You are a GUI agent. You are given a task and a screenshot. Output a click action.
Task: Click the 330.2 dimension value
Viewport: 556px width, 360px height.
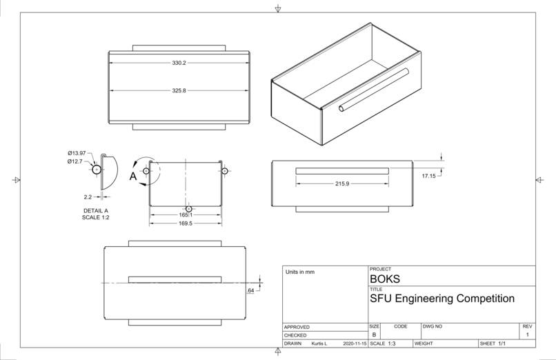point(179,63)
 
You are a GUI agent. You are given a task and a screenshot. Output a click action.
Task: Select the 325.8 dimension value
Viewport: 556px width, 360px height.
point(179,90)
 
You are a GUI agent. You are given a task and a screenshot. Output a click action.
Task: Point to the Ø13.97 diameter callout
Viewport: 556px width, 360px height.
point(77,153)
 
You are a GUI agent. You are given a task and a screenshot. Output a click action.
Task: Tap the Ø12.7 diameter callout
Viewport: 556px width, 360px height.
point(75,161)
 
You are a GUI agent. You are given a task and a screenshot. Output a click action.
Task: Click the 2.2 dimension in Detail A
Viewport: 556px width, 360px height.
point(88,197)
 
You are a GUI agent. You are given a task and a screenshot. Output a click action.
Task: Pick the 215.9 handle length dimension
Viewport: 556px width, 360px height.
point(341,183)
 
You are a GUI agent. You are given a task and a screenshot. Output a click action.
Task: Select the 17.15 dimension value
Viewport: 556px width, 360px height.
point(428,176)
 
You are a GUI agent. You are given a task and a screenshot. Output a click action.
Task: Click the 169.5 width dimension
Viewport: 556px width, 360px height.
point(186,223)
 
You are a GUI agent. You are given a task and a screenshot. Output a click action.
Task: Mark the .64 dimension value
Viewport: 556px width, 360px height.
point(250,290)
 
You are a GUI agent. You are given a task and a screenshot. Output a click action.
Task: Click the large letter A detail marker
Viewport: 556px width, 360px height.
point(133,177)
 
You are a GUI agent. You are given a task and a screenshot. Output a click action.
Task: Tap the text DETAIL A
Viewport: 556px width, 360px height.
point(96,210)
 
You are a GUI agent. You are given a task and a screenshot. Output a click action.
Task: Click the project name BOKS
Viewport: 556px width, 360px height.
point(385,279)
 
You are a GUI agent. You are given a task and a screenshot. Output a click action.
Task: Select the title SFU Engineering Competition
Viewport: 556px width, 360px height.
point(442,299)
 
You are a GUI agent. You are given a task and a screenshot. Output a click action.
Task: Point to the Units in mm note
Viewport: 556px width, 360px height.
point(299,272)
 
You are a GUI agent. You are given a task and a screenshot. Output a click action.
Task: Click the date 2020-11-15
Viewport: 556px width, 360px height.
point(354,343)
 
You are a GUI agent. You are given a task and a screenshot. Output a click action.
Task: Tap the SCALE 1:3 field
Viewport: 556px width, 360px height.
point(383,343)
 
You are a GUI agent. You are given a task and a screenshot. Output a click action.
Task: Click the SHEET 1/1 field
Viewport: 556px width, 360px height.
point(493,343)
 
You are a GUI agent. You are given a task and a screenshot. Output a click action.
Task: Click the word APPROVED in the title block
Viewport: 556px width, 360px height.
point(297,327)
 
